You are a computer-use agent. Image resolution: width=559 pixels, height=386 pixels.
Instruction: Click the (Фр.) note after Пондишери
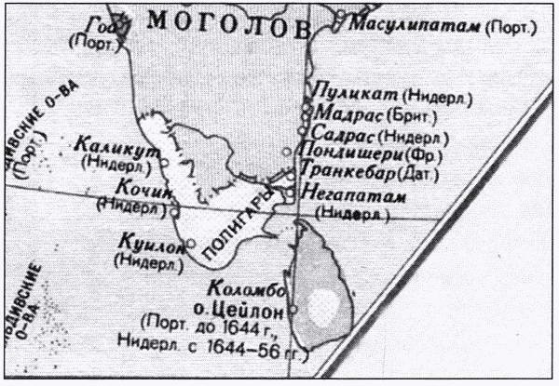click(x=422, y=155)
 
